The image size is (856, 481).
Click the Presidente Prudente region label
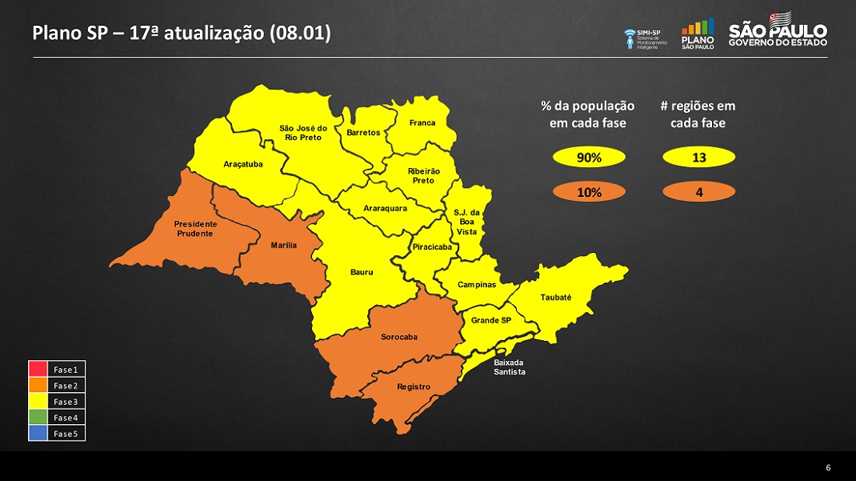point(195,229)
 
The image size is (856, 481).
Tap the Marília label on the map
point(284,245)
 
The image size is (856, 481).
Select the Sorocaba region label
point(398,337)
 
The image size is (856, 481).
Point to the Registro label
point(414,387)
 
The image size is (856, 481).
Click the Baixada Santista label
point(510,367)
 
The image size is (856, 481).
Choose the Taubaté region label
point(556,298)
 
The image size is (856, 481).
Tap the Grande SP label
point(490,321)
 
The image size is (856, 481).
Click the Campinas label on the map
point(477,285)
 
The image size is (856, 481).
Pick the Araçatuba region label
point(242,164)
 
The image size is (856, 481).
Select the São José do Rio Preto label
point(303,133)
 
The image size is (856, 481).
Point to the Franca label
point(422,123)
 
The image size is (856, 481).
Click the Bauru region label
point(362,272)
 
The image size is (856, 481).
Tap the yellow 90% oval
point(589,158)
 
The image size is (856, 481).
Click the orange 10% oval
point(589,192)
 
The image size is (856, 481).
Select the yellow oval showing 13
point(698,158)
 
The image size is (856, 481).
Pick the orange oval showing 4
point(698,192)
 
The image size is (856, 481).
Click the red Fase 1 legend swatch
point(38,370)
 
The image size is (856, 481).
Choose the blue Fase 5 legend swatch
point(38,433)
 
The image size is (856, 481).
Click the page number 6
point(828,467)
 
